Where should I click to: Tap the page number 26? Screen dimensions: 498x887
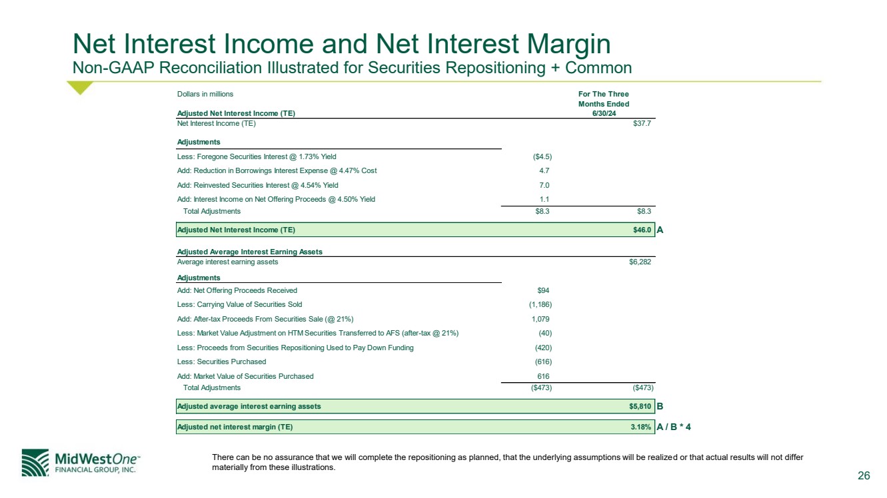[x=864, y=475]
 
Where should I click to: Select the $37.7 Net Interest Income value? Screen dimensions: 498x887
[x=642, y=123]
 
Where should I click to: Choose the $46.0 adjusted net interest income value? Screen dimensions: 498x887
[x=642, y=230]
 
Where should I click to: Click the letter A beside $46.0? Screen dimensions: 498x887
[x=660, y=230]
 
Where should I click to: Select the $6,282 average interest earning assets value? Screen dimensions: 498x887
[x=640, y=262]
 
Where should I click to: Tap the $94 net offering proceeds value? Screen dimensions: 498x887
[x=542, y=290]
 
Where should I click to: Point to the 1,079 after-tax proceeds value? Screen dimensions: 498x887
[x=540, y=319]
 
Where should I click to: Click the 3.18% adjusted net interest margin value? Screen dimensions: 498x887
[x=640, y=427]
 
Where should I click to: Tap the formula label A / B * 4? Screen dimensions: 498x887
[x=674, y=427]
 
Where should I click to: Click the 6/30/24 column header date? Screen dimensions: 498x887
[x=603, y=113]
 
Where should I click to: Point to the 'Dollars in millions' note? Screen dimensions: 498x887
[x=205, y=95]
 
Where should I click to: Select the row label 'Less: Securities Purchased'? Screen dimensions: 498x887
[x=221, y=362]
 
